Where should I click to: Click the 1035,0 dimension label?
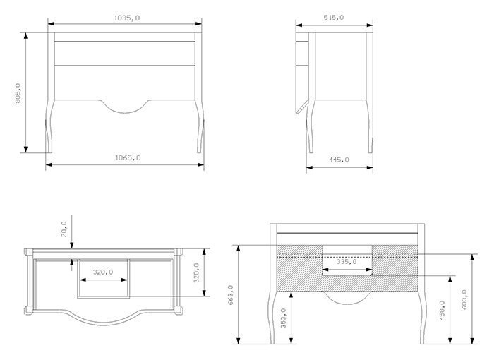(x=126, y=18)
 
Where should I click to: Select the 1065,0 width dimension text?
(x=128, y=157)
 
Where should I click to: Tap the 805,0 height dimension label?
(x=18, y=93)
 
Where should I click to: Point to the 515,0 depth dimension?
(x=334, y=18)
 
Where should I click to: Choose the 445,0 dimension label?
(x=339, y=160)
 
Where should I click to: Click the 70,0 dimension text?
(x=64, y=229)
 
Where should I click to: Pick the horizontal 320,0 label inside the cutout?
(x=103, y=272)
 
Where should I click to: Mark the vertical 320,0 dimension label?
(x=196, y=272)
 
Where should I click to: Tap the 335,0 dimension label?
(x=347, y=262)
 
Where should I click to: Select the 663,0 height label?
(x=230, y=295)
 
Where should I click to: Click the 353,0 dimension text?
(x=283, y=318)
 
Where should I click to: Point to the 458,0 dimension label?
(x=442, y=311)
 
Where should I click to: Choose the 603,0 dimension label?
(x=464, y=299)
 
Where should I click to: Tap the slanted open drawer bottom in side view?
(x=302, y=107)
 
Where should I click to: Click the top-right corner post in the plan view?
(x=179, y=251)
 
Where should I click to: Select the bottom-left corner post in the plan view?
(x=28, y=310)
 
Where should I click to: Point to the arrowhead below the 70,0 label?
(x=72, y=245)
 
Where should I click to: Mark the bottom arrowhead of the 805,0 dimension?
(x=26, y=150)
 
